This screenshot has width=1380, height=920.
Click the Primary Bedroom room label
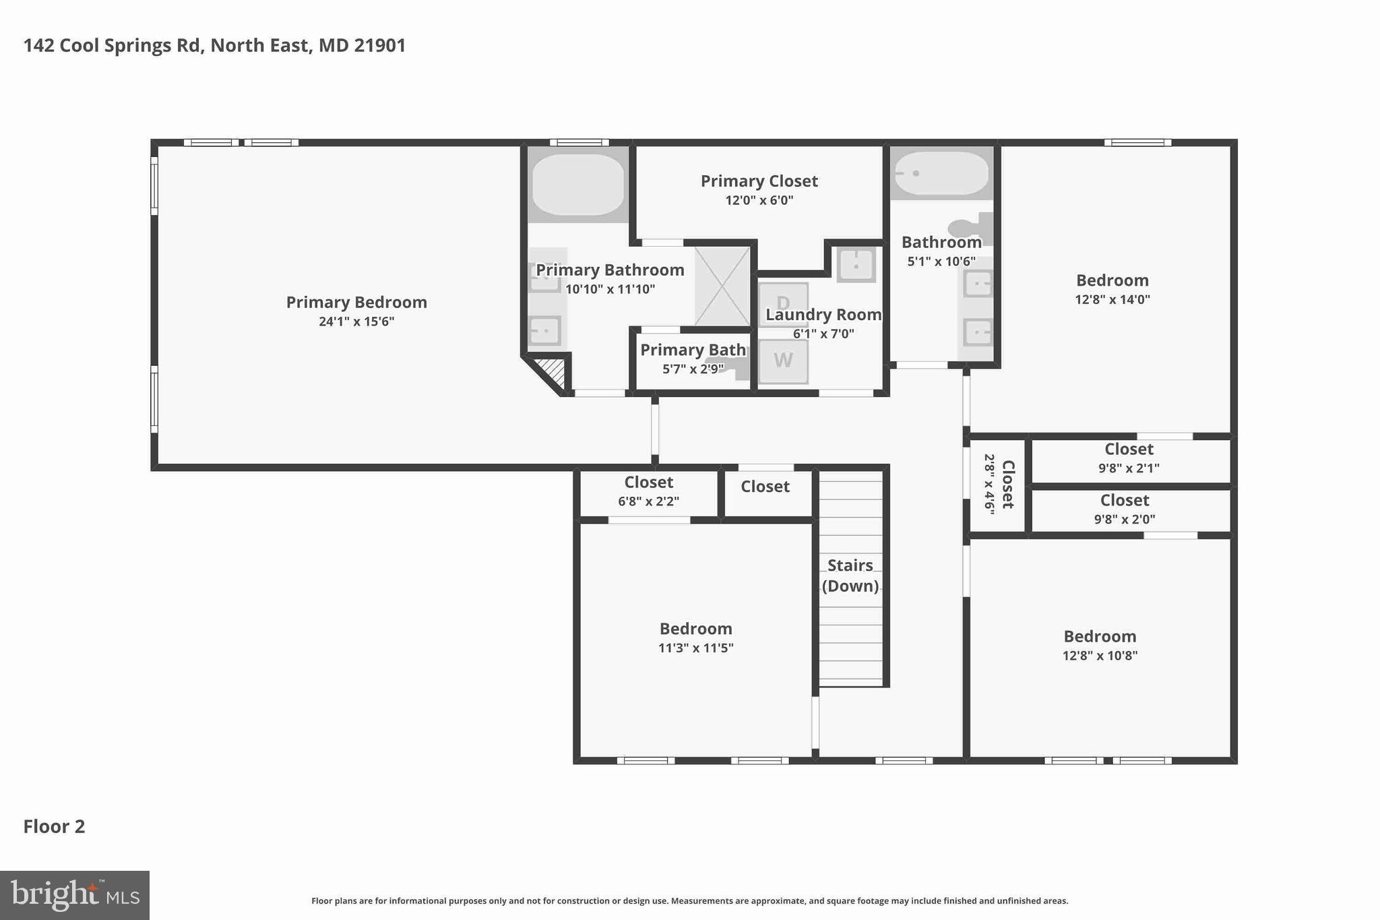[356, 303]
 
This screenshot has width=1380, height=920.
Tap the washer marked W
[783, 361]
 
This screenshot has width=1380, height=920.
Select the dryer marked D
[783, 303]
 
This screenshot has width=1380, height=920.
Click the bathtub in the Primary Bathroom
[578, 185]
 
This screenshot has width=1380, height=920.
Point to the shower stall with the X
[722, 286]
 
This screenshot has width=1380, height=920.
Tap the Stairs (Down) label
[850, 575]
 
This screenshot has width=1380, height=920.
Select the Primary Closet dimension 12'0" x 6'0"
[759, 200]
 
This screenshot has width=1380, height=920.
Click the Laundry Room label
[823, 315]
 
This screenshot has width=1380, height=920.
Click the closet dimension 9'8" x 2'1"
[1129, 468]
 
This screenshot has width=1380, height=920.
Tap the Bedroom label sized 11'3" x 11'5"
[695, 629]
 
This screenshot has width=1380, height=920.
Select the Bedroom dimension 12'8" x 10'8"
[1100, 655]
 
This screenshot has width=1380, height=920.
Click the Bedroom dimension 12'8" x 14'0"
[1112, 299]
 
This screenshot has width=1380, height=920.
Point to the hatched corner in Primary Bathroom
[551, 372]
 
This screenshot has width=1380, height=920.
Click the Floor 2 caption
[55, 826]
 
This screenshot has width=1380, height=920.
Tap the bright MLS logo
[75, 895]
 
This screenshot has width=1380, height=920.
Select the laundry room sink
[856, 264]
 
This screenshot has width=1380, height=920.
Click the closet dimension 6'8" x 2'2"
[648, 501]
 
